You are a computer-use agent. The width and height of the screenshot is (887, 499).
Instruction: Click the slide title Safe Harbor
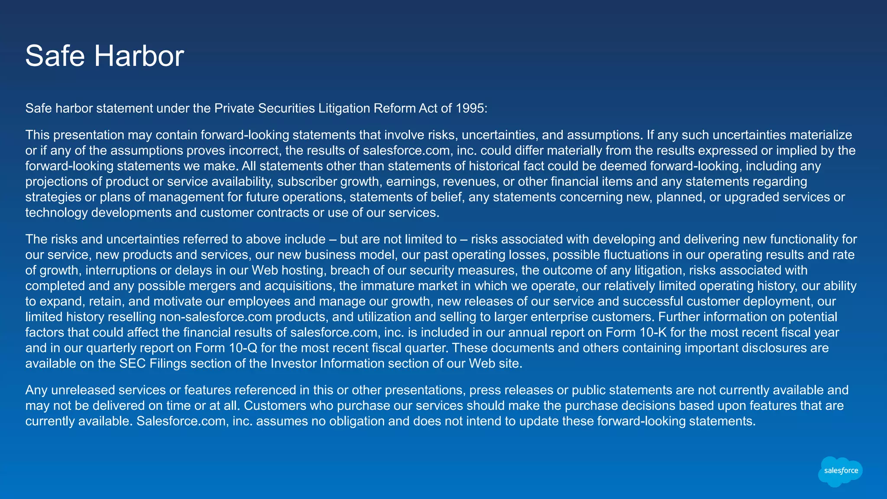pos(104,56)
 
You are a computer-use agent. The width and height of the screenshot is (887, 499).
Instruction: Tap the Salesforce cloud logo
pos(840,471)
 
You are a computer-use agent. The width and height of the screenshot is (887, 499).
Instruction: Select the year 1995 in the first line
pos(469,108)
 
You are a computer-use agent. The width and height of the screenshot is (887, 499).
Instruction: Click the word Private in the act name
pos(234,108)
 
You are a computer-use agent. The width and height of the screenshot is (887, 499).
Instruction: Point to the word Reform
pos(394,108)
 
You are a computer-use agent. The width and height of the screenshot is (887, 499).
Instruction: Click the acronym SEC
pos(133,363)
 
